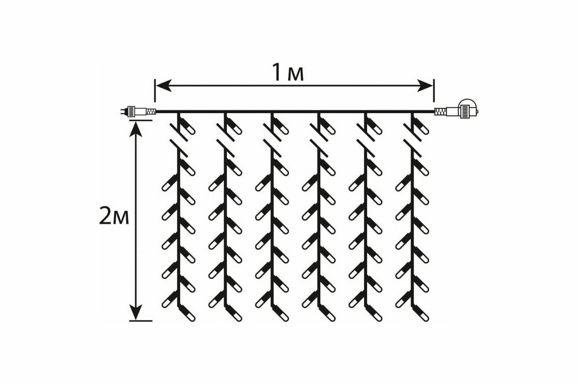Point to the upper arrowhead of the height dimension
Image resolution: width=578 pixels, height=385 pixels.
(137, 128)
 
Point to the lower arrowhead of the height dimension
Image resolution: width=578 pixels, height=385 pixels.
(137, 314)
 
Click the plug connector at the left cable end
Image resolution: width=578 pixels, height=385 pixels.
(137, 112)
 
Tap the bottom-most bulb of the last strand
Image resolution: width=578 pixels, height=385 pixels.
(422, 316)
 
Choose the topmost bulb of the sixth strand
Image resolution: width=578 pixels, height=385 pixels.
(422, 129)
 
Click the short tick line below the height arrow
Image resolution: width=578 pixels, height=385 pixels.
(141, 321)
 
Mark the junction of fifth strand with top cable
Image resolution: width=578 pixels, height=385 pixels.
(366, 112)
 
